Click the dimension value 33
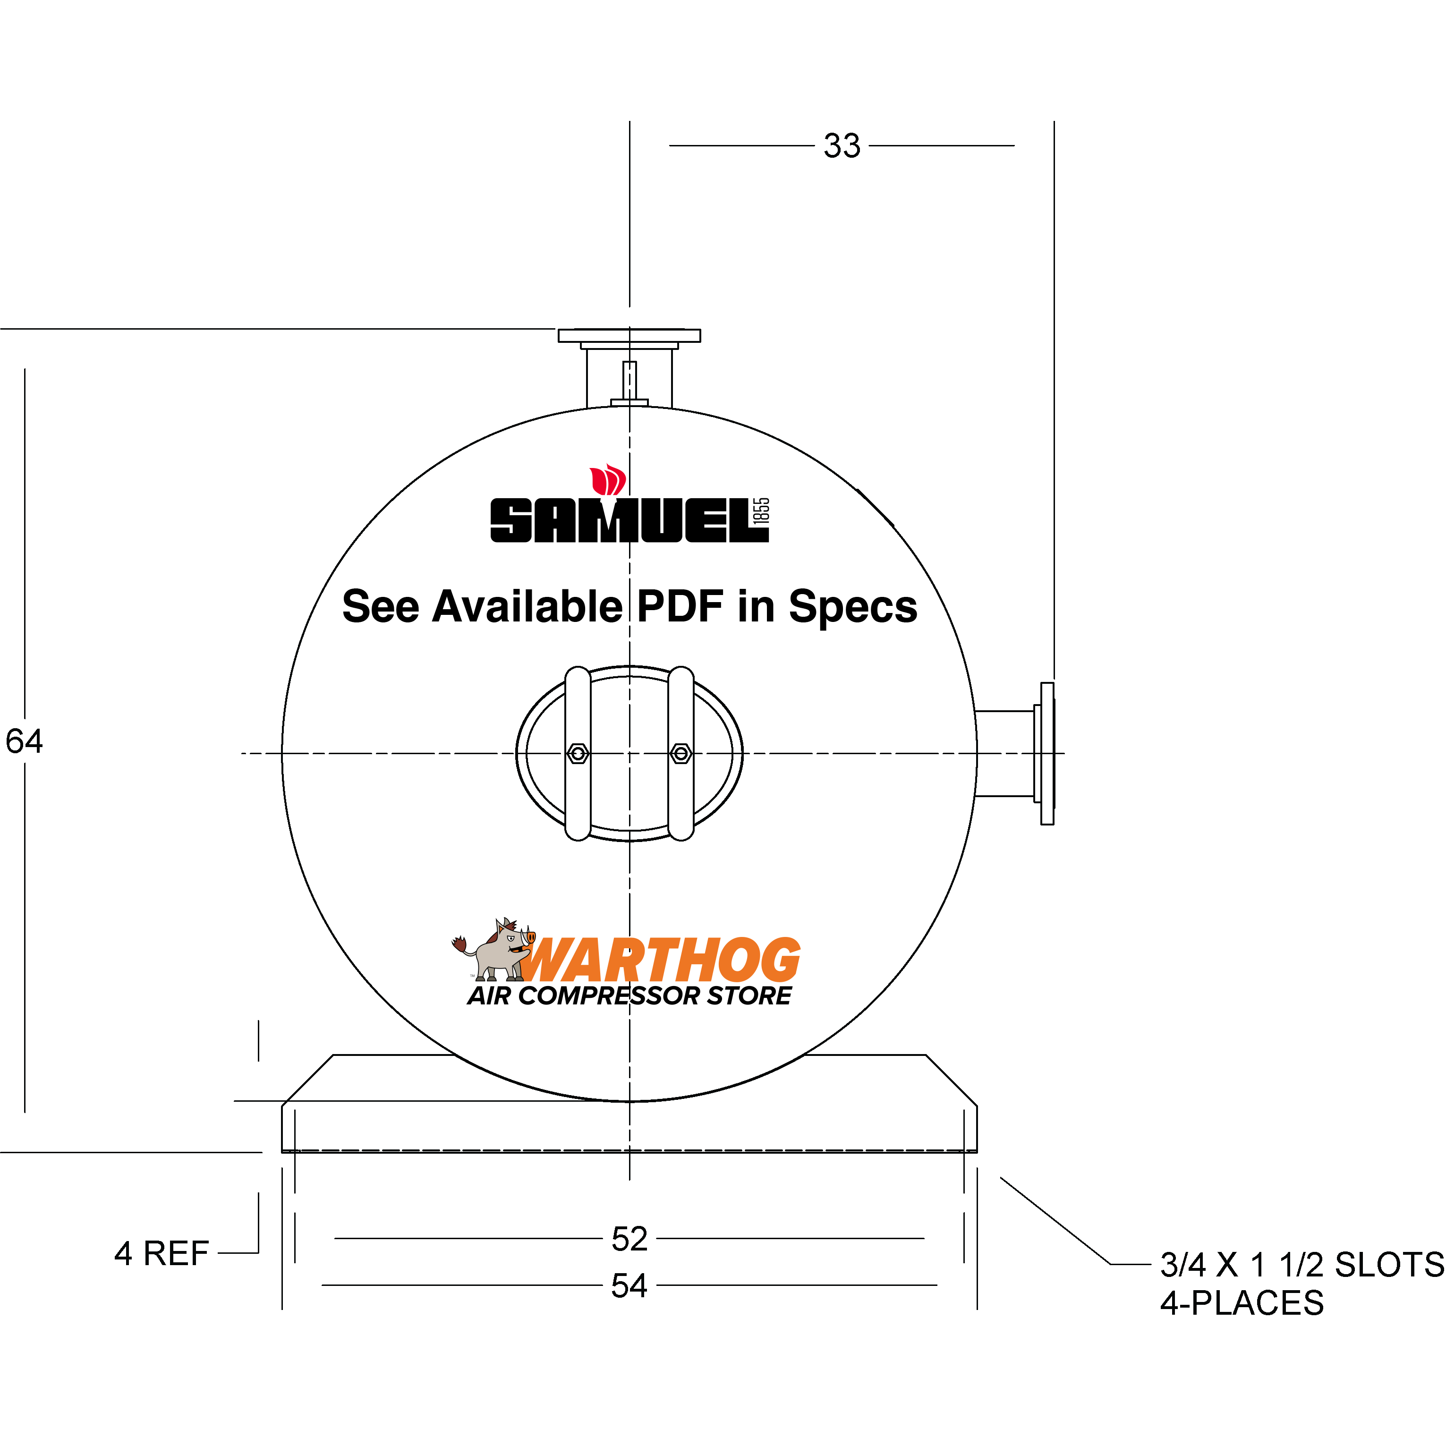tap(842, 146)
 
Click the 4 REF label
tap(161, 1254)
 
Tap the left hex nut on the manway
tap(578, 754)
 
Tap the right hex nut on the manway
tap(681, 754)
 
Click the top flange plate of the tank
tap(629, 335)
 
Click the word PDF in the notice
tap(680, 607)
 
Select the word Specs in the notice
tap(853, 607)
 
